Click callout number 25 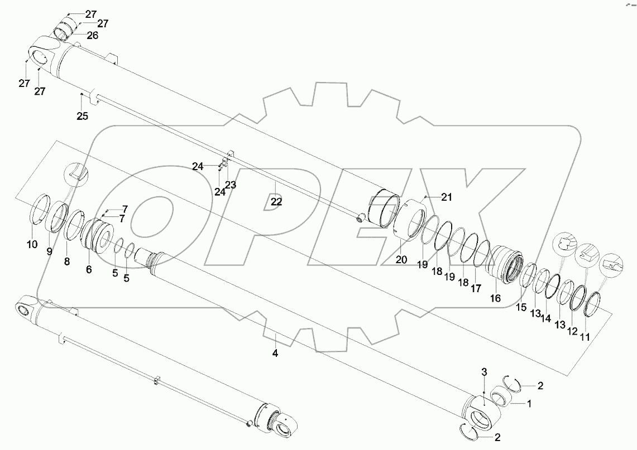[83, 117]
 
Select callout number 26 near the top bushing [92, 35]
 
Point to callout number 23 [231, 184]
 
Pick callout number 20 [402, 259]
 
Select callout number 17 [475, 289]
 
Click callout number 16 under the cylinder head [495, 298]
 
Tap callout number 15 [520, 307]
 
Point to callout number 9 [49, 251]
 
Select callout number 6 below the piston [88, 269]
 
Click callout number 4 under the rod [275, 353]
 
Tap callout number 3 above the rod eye [484, 372]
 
